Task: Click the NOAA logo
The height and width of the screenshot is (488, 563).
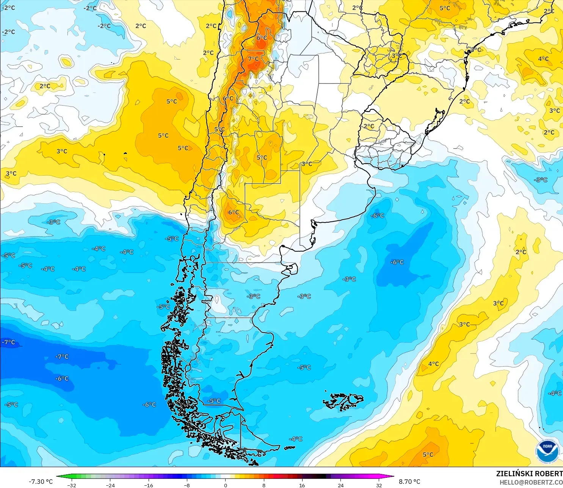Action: pyautogui.click(x=547, y=451)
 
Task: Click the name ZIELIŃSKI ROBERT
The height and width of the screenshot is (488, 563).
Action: pyautogui.click(x=529, y=474)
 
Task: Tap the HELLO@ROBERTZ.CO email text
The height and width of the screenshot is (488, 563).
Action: pyautogui.click(x=531, y=482)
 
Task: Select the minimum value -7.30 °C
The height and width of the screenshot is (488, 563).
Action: pyautogui.click(x=41, y=482)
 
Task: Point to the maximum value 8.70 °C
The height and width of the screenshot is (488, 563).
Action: pyautogui.click(x=409, y=482)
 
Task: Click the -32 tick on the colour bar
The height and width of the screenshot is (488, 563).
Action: pyautogui.click(x=71, y=485)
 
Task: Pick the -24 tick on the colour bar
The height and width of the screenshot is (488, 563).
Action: pyautogui.click(x=110, y=485)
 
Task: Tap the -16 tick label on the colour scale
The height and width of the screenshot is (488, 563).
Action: pyautogui.click(x=149, y=485)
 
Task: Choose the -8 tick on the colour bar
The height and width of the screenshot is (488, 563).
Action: pyautogui.click(x=187, y=485)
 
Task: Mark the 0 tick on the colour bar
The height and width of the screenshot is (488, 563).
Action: pyautogui.click(x=226, y=485)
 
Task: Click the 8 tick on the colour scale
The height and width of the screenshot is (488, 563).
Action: pyautogui.click(x=264, y=485)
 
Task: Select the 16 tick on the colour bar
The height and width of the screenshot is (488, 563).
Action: pyautogui.click(x=302, y=485)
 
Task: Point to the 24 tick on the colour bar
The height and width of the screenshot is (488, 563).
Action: pyautogui.click(x=341, y=485)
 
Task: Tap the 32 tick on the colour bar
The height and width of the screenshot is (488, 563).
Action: pyautogui.click(x=379, y=485)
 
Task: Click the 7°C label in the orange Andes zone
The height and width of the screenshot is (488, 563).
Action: pyautogui.click(x=254, y=59)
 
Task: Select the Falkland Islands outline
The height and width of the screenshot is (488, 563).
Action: pyautogui.click(x=343, y=402)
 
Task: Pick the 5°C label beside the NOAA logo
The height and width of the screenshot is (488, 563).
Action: pyautogui.click(x=428, y=455)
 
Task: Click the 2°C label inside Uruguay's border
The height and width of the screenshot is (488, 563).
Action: pyautogui.click(x=369, y=126)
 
